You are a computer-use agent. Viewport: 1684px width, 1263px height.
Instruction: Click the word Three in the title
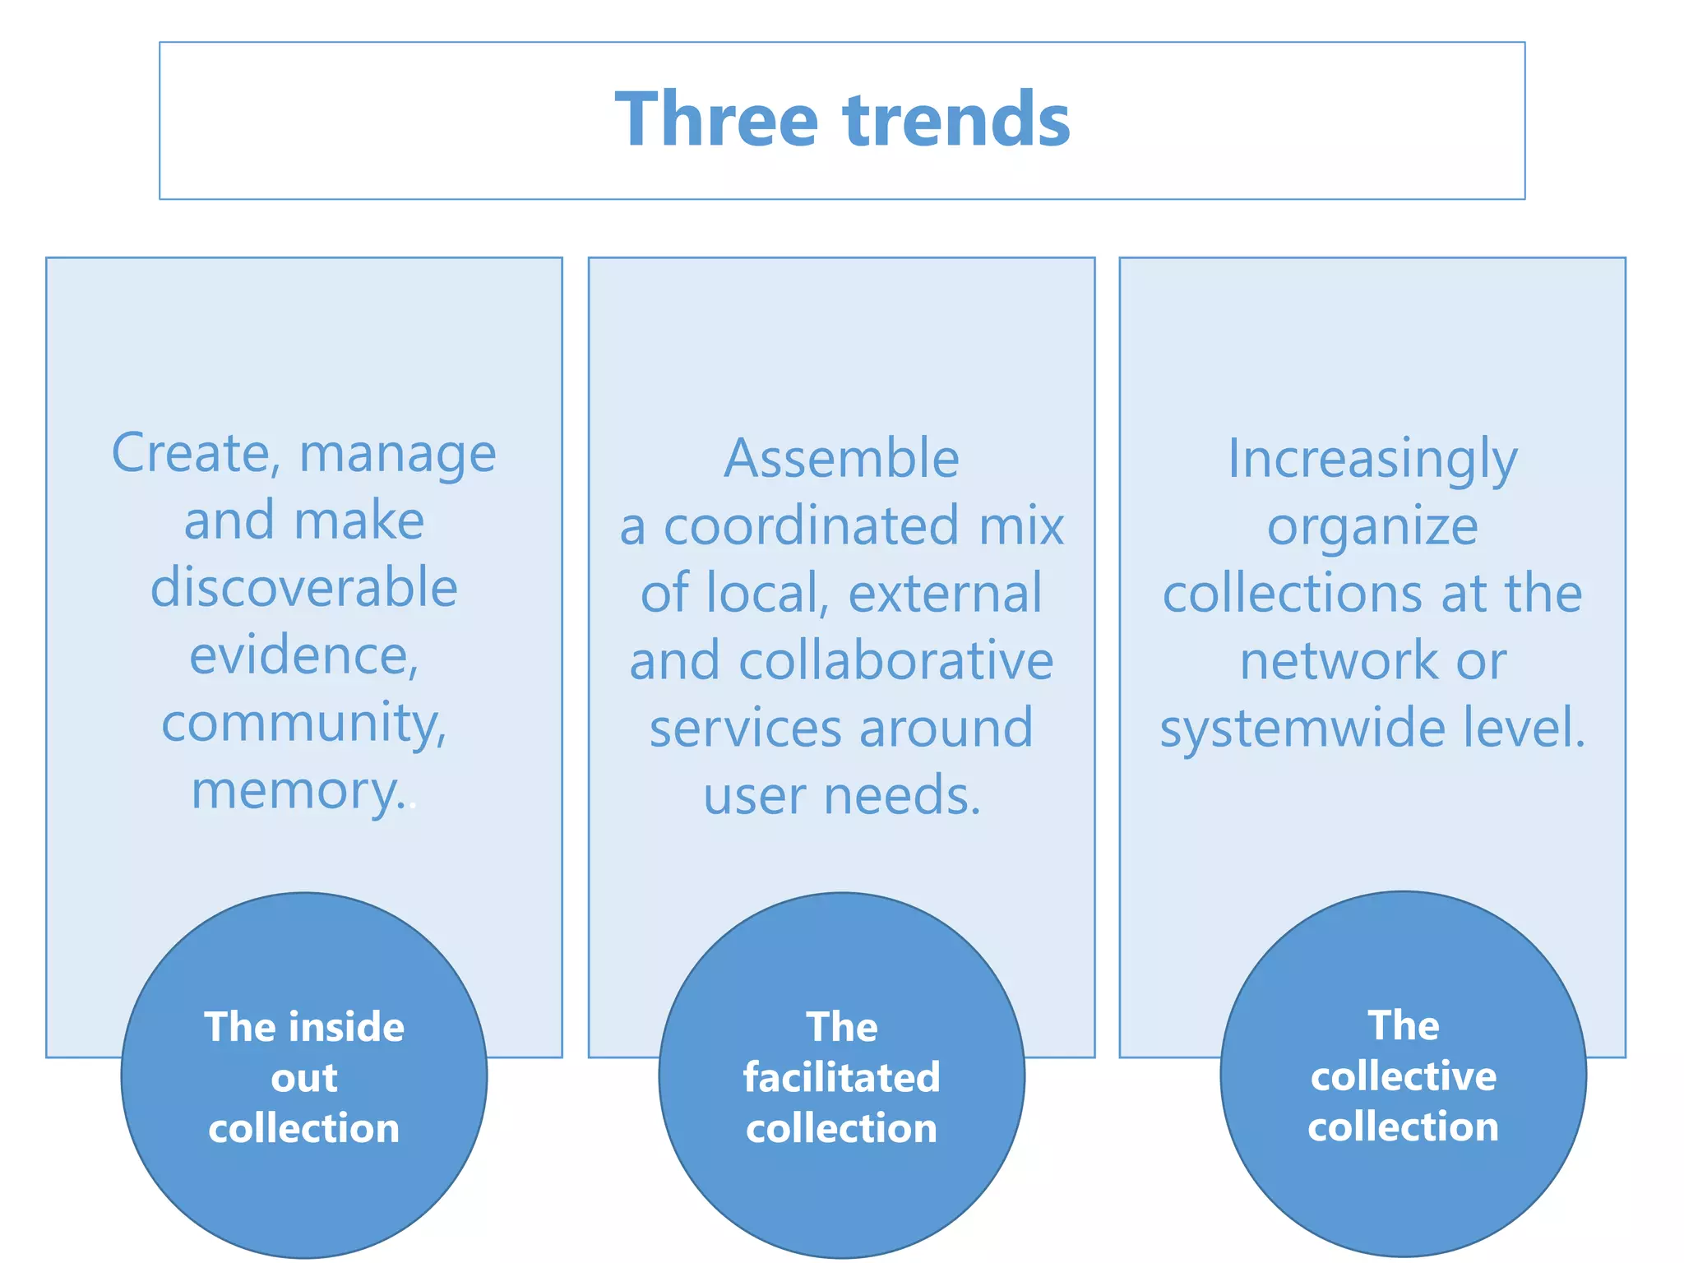pos(717,120)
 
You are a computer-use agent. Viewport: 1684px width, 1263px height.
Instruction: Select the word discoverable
pos(304,588)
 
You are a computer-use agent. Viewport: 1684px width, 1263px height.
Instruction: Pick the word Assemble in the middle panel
pos(841,458)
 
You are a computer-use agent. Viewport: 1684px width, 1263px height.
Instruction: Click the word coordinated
pos(811,526)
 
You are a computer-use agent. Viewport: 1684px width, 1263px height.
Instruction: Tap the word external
pos(945,594)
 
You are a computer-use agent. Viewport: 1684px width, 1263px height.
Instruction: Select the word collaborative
pos(895,661)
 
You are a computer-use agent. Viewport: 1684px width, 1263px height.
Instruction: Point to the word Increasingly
pos(1372,458)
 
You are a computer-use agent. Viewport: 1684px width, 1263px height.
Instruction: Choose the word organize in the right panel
pos(1372,526)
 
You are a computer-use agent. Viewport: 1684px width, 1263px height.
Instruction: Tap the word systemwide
pos(1302,729)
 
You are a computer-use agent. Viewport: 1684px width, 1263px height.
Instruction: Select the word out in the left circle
pos(304,1078)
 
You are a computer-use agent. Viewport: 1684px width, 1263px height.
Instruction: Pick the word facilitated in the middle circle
pos(841,1078)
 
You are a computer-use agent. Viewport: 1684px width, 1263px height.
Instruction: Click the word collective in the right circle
pos(1403,1076)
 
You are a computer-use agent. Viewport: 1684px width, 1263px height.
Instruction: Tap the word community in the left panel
pos(303,724)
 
